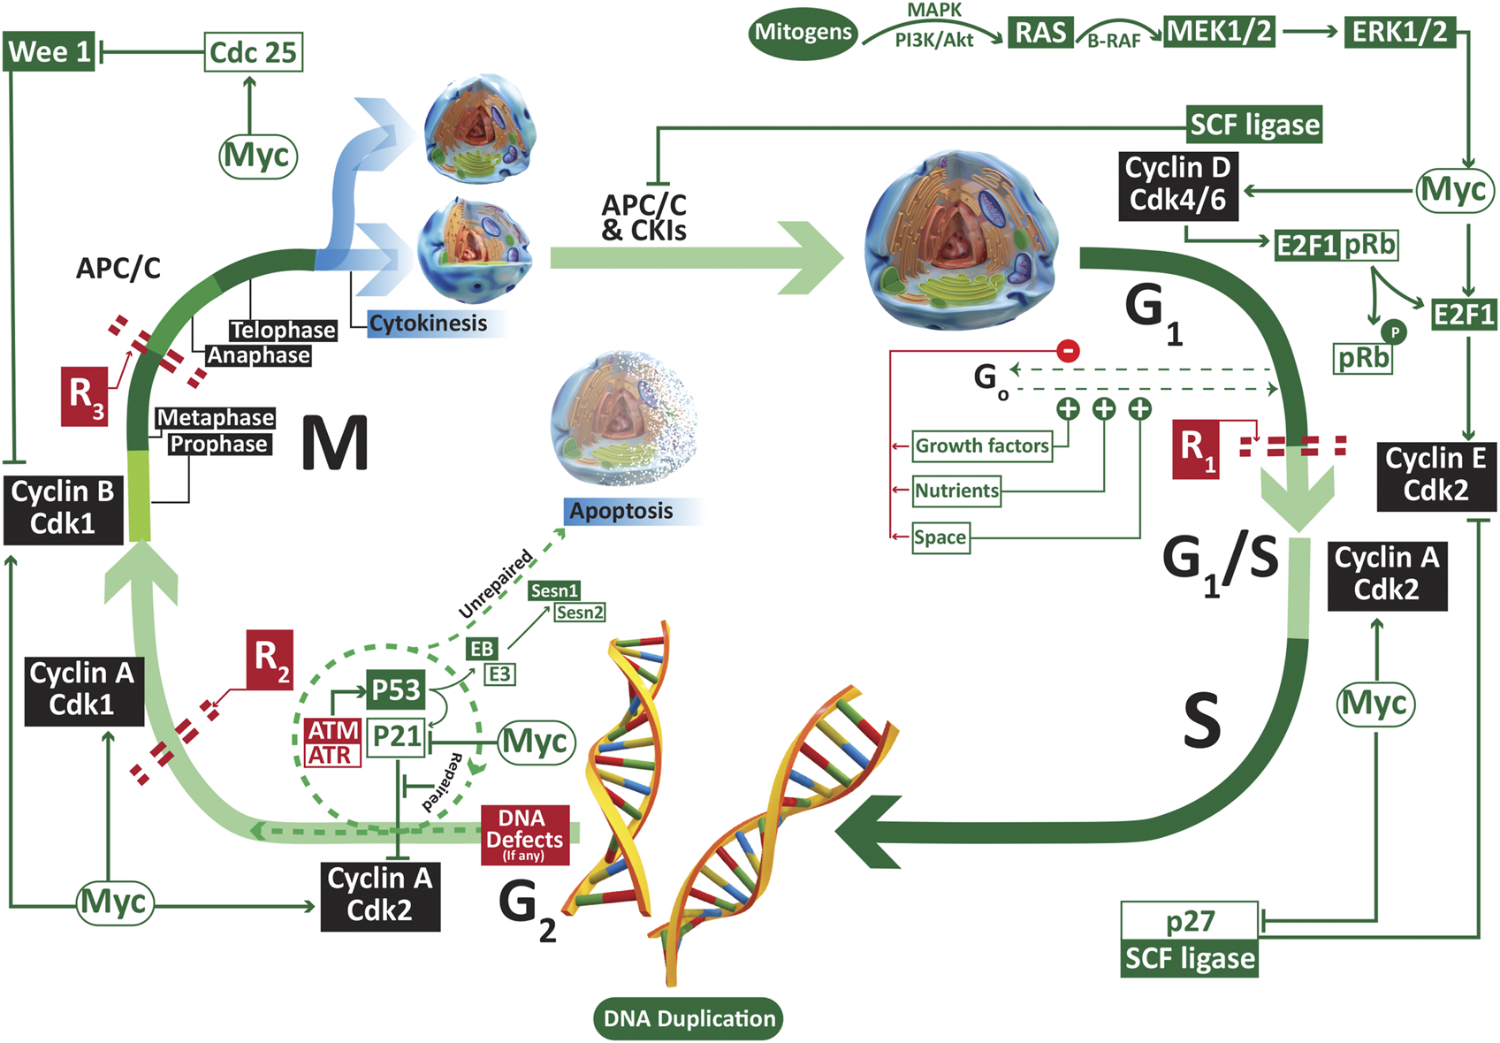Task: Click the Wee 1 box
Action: pyautogui.click(x=49, y=51)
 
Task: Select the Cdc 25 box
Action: pyautogui.click(x=253, y=52)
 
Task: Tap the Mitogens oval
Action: pyautogui.click(x=803, y=33)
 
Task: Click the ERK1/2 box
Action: pyautogui.click(x=1399, y=32)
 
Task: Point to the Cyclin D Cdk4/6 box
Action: pyautogui.click(x=1177, y=185)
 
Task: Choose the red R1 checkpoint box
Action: pyautogui.click(x=1195, y=449)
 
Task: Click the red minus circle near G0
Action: pyautogui.click(x=1068, y=350)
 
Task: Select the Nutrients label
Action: pyautogui.click(x=956, y=491)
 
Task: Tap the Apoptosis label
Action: pyautogui.click(x=621, y=511)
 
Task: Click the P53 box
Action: pyautogui.click(x=395, y=689)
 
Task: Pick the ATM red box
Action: pyautogui.click(x=332, y=730)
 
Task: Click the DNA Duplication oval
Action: pyautogui.click(x=689, y=1018)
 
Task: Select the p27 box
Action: pyautogui.click(x=1189, y=921)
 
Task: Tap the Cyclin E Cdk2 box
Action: pyautogui.click(x=1435, y=475)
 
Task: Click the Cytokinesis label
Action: pyautogui.click(x=428, y=324)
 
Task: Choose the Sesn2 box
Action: pyautogui.click(x=579, y=612)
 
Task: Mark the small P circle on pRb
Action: pyautogui.click(x=1394, y=332)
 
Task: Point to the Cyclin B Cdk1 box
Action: pyautogui.click(x=63, y=507)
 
